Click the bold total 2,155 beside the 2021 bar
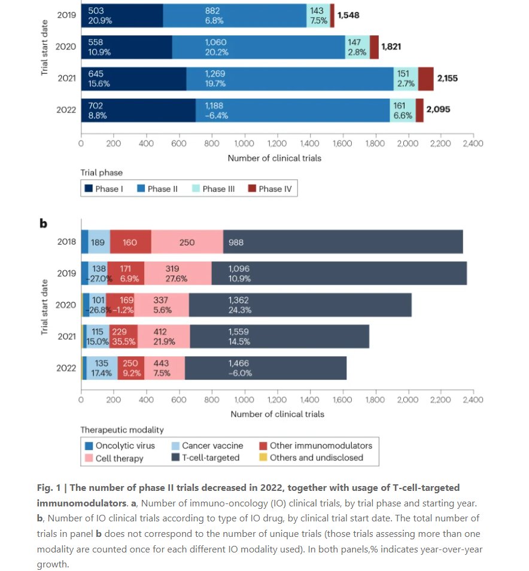pyautogui.click(x=447, y=78)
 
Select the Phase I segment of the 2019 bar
pyautogui.click(x=122, y=15)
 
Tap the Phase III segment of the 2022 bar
pyautogui.click(x=402, y=110)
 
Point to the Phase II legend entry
pyautogui.click(x=160, y=189)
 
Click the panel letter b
pyautogui.click(x=42, y=224)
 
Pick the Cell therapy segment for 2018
pyautogui.click(x=187, y=243)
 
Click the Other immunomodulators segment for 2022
pyautogui.click(x=130, y=367)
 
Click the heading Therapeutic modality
pyautogui.click(x=121, y=429)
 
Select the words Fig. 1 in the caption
pyautogui.click(x=48, y=488)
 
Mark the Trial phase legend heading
pyautogui.click(x=102, y=173)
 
